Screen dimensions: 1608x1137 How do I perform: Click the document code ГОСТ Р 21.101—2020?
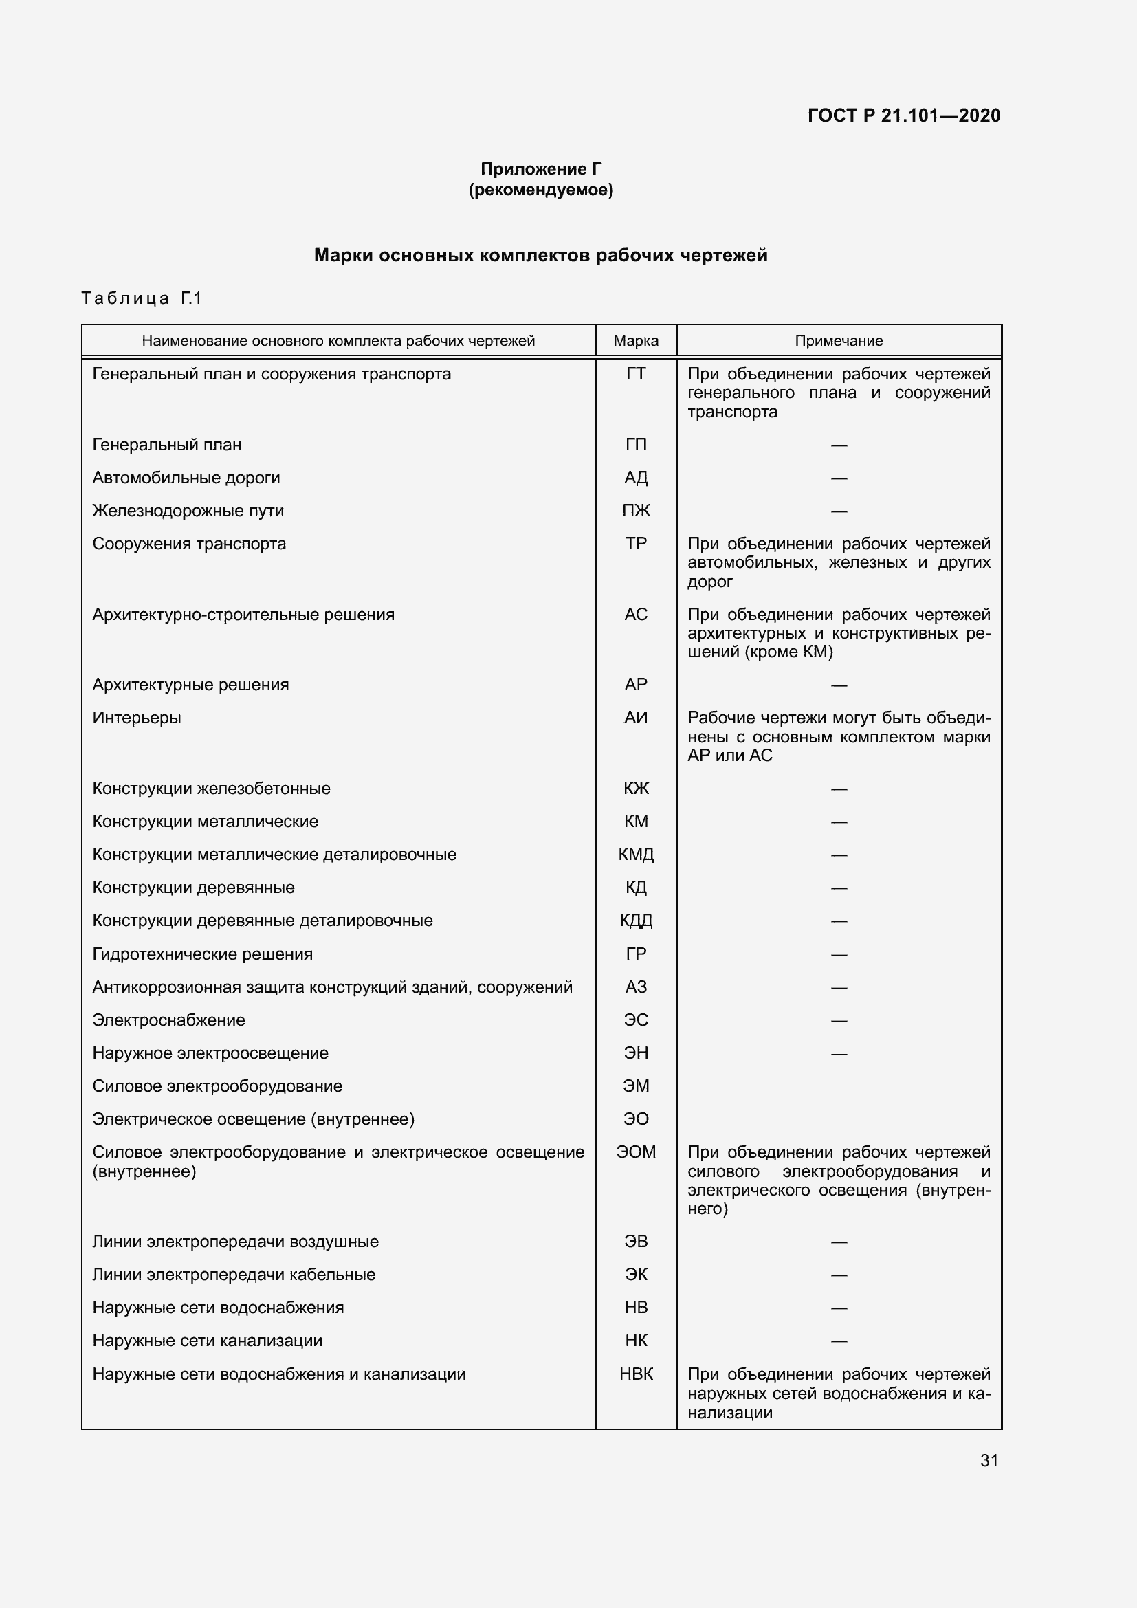pyautogui.click(x=903, y=115)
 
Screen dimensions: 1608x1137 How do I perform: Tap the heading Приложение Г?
pyautogui.click(x=540, y=169)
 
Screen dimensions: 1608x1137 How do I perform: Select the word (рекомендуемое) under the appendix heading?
pyautogui.click(x=540, y=190)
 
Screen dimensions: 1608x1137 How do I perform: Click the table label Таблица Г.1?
pyautogui.click(x=142, y=298)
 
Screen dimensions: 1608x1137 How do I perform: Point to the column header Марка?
pyautogui.click(x=635, y=341)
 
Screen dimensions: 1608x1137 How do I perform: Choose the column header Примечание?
pyautogui.click(x=838, y=341)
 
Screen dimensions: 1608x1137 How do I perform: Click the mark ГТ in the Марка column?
pyautogui.click(x=635, y=374)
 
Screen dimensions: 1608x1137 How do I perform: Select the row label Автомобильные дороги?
pyautogui.click(x=186, y=478)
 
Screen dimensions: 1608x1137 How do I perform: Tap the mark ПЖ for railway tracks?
pyautogui.click(x=635, y=511)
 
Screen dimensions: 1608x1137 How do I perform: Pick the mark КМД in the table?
pyautogui.click(x=635, y=855)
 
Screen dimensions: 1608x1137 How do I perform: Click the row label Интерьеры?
pyautogui.click(x=137, y=718)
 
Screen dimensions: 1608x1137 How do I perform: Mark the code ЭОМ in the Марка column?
pyautogui.click(x=635, y=1152)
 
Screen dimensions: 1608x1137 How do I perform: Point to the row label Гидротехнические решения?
pyautogui.click(x=202, y=954)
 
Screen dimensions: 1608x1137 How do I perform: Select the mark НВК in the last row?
pyautogui.click(x=635, y=1374)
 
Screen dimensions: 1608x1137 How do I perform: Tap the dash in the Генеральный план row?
pyautogui.click(x=838, y=445)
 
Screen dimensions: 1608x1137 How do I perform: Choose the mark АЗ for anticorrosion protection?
pyautogui.click(x=635, y=987)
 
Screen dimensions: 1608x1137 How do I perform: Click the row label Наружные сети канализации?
pyautogui.click(x=207, y=1341)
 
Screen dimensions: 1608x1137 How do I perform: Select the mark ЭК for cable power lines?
pyautogui.click(x=635, y=1274)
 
